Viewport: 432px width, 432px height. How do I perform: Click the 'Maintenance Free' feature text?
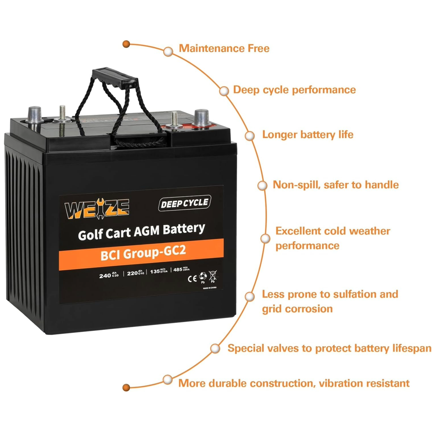tap(224, 49)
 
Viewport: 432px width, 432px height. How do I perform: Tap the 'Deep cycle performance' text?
tap(294, 90)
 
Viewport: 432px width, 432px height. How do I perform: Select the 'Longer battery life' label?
tap(308, 134)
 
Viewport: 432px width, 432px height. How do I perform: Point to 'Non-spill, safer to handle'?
tap(336, 185)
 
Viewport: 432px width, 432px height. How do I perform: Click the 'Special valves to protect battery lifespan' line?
tap(329, 348)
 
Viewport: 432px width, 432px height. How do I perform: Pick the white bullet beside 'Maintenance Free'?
tap(168, 51)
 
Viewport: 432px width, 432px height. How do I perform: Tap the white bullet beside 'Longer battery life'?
tap(250, 136)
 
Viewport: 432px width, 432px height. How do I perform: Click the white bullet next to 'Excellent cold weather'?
tap(265, 238)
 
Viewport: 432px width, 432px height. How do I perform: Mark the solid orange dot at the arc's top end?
tap(126, 44)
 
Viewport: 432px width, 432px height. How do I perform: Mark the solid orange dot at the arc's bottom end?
tap(126, 388)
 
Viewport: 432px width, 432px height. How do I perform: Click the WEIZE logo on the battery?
tap(97, 208)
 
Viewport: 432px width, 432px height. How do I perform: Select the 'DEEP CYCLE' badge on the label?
tap(185, 203)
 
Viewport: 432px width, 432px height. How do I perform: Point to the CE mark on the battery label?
tap(192, 279)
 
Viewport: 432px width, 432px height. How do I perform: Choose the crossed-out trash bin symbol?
tap(213, 276)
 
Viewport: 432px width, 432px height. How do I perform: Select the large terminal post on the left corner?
tap(35, 115)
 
